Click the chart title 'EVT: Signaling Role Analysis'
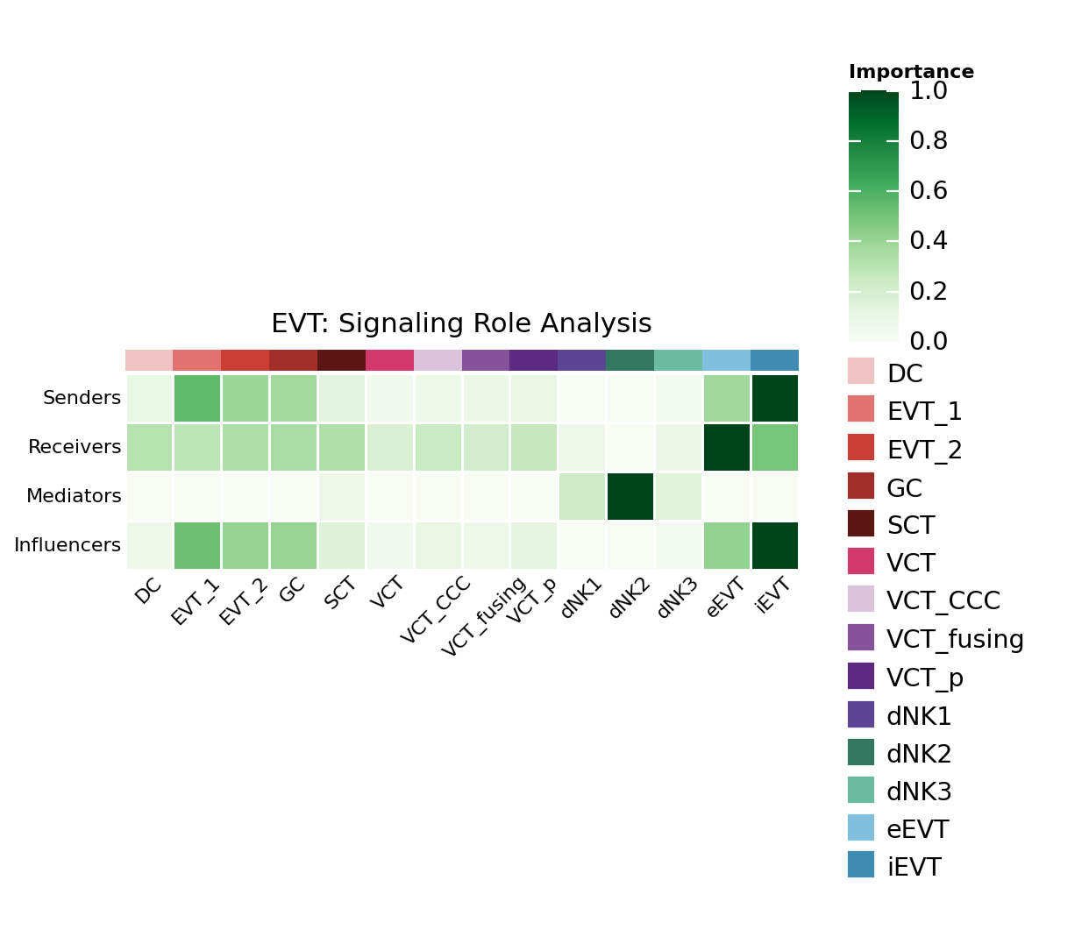click(461, 324)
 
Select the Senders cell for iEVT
click(775, 398)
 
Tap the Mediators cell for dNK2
click(630, 496)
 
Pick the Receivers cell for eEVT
click(727, 447)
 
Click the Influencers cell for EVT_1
click(197, 545)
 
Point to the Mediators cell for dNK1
click(582, 496)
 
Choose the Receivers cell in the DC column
click(149, 447)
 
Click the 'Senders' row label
click(82, 399)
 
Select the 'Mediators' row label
click(74, 497)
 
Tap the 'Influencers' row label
click(68, 546)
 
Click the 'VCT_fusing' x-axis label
click(484, 616)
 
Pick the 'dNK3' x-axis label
click(677, 598)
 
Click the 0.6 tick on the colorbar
click(929, 191)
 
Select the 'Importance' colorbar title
click(911, 73)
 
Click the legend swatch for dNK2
click(861, 752)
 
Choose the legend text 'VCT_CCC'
click(943, 601)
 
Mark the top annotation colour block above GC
click(294, 360)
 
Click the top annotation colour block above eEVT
click(727, 360)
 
